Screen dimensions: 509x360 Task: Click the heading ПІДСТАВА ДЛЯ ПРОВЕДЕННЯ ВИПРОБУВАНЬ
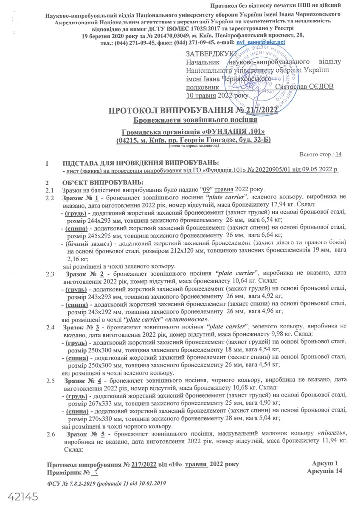click(x=140, y=163)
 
